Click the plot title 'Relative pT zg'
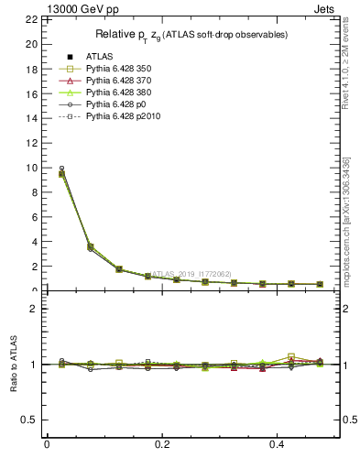click(191, 35)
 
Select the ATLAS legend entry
click(97, 56)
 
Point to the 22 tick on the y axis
click(31, 19)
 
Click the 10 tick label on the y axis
click(31, 168)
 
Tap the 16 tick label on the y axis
click(31, 93)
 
